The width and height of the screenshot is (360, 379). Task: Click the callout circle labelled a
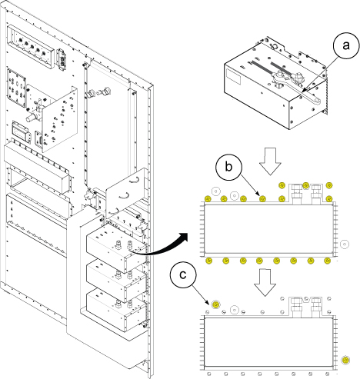click(x=346, y=46)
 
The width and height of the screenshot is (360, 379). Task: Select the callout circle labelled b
click(x=228, y=167)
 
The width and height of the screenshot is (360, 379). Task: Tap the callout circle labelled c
click(x=183, y=275)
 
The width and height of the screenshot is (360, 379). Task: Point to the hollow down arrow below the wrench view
click(x=270, y=161)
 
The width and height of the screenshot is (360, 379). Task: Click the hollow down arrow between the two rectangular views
click(x=265, y=283)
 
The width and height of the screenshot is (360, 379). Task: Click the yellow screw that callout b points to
click(x=262, y=198)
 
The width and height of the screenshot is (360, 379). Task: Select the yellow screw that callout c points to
click(x=216, y=304)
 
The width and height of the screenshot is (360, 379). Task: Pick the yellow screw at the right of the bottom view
click(x=345, y=360)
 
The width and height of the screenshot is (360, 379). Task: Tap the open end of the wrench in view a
click(x=317, y=101)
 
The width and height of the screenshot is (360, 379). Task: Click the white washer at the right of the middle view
click(x=345, y=244)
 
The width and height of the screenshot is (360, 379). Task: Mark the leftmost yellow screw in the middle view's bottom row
click(x=209, y=261)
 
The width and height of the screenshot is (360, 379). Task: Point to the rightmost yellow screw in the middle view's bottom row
click(x=327, y=261)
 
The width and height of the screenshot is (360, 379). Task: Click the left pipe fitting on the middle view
click(x=298, y=194)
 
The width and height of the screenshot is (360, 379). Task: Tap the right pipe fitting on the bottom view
click(x=316, y=308)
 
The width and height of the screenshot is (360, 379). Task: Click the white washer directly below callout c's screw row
click(x=235, y=310)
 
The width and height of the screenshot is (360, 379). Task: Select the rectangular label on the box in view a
click(x=233, y=77)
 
